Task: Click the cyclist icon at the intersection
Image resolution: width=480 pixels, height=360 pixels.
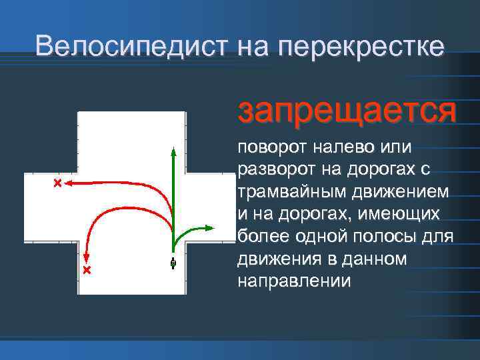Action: tap(173, 263)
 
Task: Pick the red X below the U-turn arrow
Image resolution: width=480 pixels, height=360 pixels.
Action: tap(86, 270)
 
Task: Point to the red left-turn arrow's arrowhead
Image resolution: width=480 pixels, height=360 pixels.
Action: tap(70, 182)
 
